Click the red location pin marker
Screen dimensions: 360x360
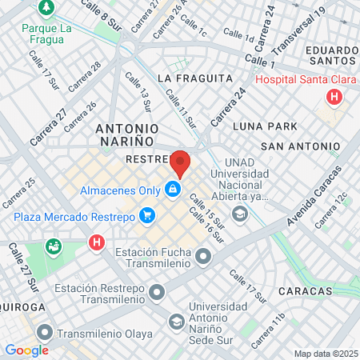coord(181,163)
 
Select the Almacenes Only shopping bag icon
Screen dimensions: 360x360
coord(171,190)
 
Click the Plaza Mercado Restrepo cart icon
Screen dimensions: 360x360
coord(146,215)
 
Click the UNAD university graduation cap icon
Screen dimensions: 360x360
coord(239,214)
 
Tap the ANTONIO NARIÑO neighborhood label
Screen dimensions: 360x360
coord(127,134)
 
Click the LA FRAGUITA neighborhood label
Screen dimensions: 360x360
coord(195,78)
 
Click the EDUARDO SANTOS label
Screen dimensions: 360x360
coord(327,55)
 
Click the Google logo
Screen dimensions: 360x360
coord(26,350)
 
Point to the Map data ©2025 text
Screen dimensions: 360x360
coord(325,354)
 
